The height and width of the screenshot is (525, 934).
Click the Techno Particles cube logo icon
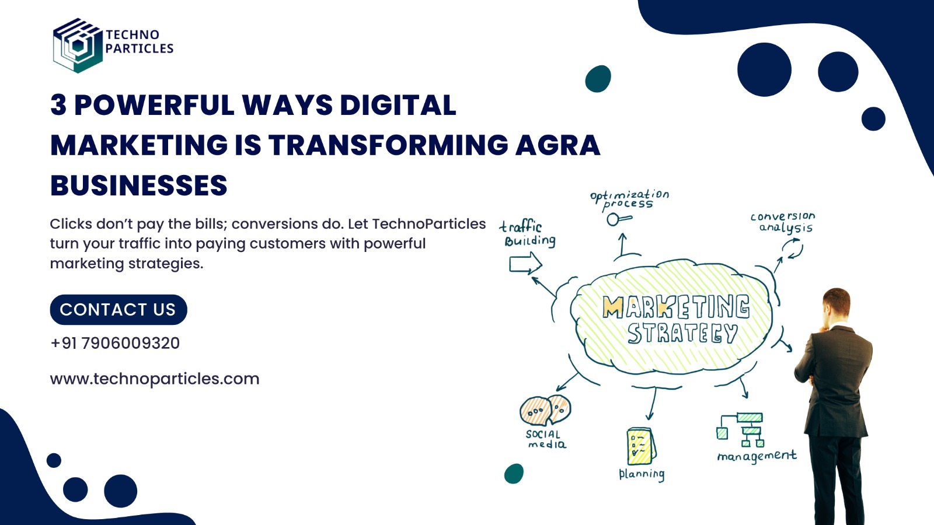78,45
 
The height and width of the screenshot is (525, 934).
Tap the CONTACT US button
119,310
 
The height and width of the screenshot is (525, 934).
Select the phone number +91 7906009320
115,344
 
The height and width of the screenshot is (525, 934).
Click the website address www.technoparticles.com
155,379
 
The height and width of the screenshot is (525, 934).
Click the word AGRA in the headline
558,145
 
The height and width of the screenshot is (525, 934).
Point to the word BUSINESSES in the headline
139,185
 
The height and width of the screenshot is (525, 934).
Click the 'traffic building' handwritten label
528,234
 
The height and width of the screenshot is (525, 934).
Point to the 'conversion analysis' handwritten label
783,222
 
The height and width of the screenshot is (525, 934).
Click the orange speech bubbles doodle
545,410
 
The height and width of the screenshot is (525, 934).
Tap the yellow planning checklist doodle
642,446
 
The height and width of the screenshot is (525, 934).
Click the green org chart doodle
741,430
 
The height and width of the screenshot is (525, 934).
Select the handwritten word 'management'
757,456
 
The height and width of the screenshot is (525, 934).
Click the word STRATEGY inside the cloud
682,333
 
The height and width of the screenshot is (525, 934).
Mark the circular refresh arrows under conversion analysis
792,249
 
